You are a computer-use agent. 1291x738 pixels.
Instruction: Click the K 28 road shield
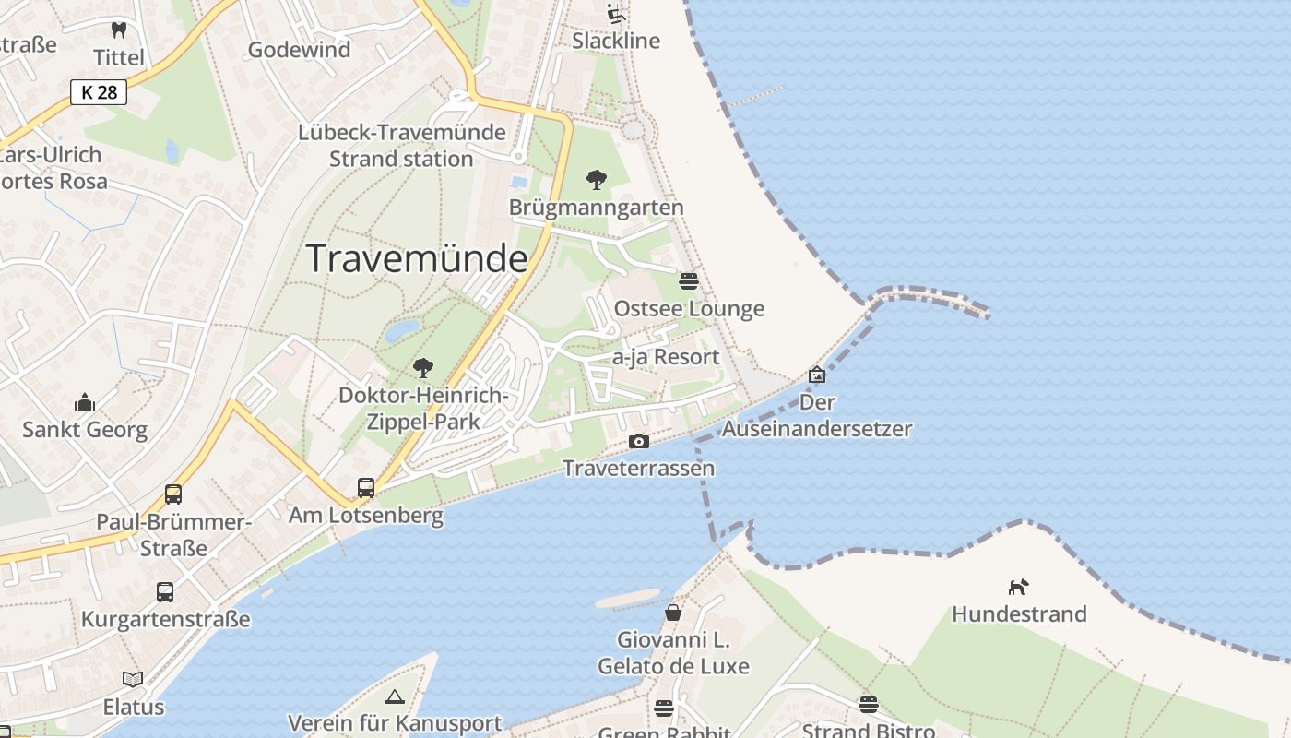coord(99,92)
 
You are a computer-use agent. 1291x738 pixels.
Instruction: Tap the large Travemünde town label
coord(416,258)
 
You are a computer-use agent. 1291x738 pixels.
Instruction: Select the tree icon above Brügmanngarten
coord(597,179)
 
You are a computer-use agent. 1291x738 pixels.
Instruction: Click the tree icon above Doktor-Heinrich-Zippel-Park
coord(423,368)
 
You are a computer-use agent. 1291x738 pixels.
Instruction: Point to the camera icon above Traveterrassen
coord(638,442)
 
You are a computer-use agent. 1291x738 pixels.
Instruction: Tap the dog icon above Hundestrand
coord(1018,587)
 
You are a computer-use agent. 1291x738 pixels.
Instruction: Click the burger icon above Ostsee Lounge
coord(689,280)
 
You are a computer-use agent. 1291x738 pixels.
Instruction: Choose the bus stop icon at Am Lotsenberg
coord(366,488)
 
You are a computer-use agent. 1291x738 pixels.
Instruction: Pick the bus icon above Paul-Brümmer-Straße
coord(173,494)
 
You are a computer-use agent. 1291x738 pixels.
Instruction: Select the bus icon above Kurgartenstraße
coord(165,592)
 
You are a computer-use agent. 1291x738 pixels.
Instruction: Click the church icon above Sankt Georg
coord(85,402)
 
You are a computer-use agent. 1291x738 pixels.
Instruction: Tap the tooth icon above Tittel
coord(119,30)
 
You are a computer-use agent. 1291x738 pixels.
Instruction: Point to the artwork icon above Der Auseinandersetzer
coord(817,375)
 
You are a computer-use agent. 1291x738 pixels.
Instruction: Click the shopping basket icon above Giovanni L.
coord(673,613)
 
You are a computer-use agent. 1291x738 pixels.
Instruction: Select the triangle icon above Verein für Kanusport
coord(395,696)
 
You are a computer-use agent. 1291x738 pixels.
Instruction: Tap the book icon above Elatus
coord(133,680)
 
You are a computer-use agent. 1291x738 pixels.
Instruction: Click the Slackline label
coord(616,41)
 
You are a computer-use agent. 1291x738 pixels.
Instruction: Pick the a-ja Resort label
coord(666,357)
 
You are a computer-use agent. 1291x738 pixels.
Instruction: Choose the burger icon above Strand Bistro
coord(869,705)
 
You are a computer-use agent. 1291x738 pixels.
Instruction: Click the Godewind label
coord(300,50)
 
